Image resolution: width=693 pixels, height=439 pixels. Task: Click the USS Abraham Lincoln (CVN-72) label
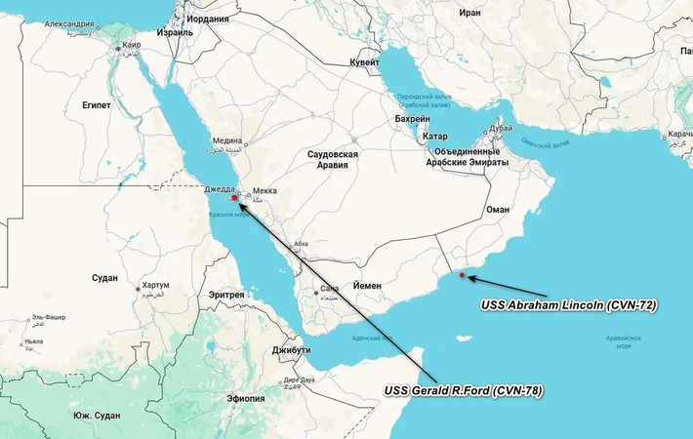pyautogui.click(x=569, y=305)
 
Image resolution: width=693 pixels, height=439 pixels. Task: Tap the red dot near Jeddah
pyautogui.click(x=234, y=198)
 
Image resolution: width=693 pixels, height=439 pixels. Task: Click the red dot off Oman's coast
pyautogui.click(x=462, y=276)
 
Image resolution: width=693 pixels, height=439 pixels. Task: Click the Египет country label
pyautogui.click(x=97, y=104)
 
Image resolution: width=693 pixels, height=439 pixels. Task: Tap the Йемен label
pyautogui.click(x=367, y=286)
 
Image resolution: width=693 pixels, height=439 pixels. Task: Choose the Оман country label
pyautogui.click(x=498, y=210)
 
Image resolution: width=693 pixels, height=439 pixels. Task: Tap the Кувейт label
pyautogui.click(x=364, y=62)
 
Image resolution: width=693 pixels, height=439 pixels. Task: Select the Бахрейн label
pyautogui.click(x=412, y=118)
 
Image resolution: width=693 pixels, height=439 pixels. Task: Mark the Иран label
pyautogui.click(x=470, y=13)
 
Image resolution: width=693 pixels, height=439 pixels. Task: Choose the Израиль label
pyautogui.click(x=175, y=31)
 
